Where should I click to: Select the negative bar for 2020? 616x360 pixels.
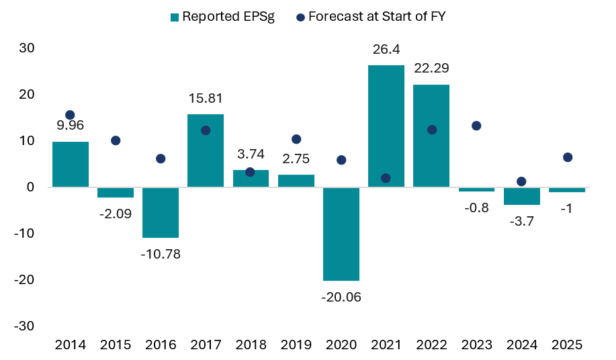click(x=341, y=234)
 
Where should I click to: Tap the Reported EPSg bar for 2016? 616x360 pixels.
click(x=161, y=212)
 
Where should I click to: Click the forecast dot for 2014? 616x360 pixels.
click(x=70, y=115)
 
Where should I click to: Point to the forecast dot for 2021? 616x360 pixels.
click(x=386, y=178)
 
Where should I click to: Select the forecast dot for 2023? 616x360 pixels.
click(x=476, y=126)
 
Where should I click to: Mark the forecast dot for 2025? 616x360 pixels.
click(x=568, y=157)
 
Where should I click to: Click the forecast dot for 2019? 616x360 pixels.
click(x=296, y=139)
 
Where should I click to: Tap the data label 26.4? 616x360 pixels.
click(x=386, y=49)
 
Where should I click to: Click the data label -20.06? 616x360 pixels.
click(x=341, y=297)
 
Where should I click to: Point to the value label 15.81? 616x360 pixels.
click(x=206, y=98)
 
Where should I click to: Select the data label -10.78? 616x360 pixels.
click(x=161, y=254)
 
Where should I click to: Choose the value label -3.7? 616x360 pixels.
click(x=522, y=221)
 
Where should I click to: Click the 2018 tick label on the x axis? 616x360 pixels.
click(x=251, y=345)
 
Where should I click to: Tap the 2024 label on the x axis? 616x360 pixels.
click(x=522, y=345)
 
